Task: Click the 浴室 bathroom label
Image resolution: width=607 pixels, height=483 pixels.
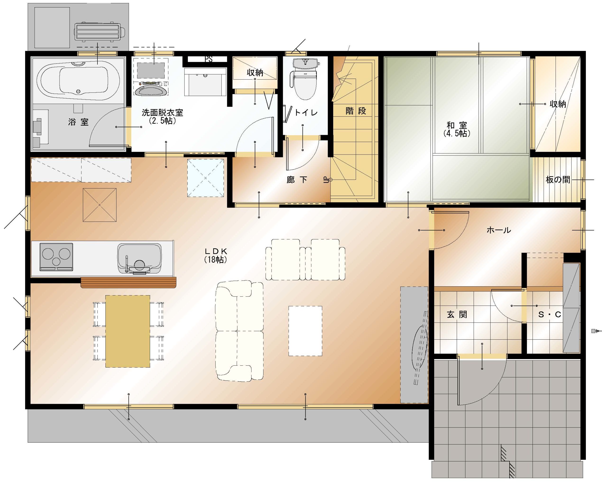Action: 78,122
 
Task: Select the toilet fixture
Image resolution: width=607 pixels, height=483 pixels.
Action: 305,79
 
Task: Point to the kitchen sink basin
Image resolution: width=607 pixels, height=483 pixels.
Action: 140,258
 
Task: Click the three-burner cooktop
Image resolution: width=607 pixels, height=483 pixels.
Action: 56,257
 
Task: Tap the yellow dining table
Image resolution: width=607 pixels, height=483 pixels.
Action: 128,331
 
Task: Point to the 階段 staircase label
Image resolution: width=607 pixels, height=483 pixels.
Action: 356,111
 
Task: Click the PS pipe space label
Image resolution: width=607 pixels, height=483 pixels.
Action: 209,59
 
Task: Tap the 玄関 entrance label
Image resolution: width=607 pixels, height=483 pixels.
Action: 457,314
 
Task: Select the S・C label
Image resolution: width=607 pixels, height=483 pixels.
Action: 549,314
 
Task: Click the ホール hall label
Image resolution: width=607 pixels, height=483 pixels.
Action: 499,230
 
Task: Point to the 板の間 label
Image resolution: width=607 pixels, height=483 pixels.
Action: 558,180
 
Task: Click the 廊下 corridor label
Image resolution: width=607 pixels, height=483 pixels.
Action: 297,180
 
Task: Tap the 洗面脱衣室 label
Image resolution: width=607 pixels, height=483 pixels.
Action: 162,113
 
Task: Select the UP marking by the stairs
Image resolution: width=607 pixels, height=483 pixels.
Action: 326,180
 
